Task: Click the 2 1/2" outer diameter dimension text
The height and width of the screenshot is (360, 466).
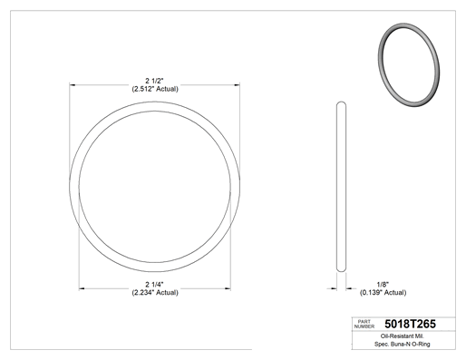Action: [x=154, y=81]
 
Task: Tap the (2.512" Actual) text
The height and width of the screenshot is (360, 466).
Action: [x=155, y=89]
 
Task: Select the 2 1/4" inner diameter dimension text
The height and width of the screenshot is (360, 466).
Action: [x=154, y=285]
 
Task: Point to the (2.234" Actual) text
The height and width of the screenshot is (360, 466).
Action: [x=155, y=293]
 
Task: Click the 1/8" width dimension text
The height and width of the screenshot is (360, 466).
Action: [x=383, y=285]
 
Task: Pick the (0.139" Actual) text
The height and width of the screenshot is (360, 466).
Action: [x=383, y=293]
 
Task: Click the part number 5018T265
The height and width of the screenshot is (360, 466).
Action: [x=410, y=324]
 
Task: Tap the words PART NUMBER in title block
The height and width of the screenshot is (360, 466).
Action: [x=364, y=324]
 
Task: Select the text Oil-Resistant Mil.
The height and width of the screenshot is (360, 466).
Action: [x=403, y=336]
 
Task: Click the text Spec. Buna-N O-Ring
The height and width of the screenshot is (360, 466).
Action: [x=403, y=344]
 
